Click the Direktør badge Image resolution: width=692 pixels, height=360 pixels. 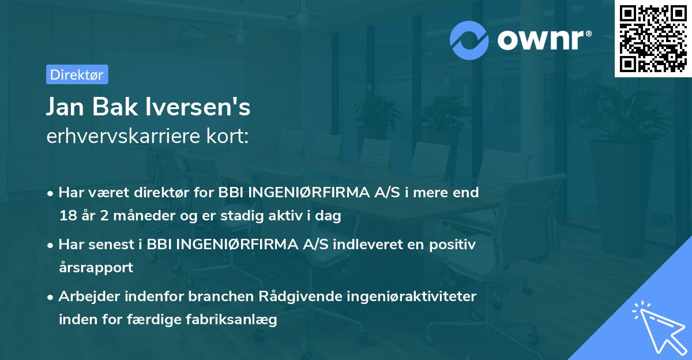[77, 74]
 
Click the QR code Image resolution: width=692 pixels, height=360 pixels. [653, 39]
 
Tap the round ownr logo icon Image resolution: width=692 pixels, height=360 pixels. [469, 40]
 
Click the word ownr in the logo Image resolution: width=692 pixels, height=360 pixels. [543, 40]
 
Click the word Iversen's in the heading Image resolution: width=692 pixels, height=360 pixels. [205, 107]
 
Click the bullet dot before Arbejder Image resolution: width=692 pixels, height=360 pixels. [51, 297]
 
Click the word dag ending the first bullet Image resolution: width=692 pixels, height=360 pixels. [329, 216]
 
